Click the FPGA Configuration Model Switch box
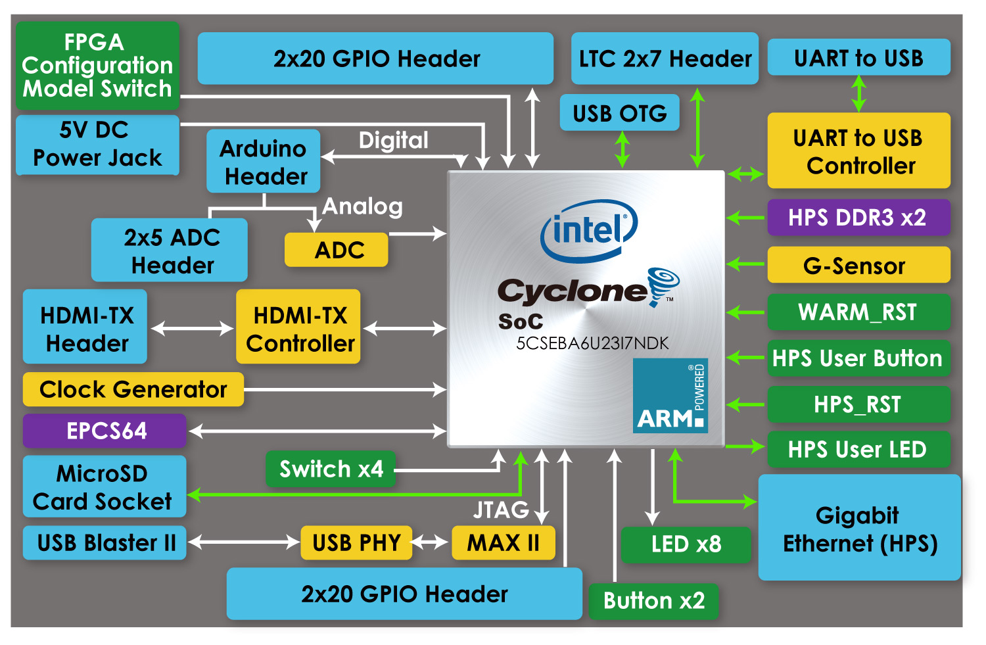point(98,66)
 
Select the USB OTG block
point(620,112)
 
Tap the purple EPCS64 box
point(105,431)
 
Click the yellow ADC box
point(337,250)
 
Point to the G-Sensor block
point(858,265)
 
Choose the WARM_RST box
point(858,312)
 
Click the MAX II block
point(504,542)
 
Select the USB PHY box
point(356,542)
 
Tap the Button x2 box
point(653,600)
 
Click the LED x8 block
point(686,544)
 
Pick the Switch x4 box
point(331,469)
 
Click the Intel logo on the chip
point(589,231)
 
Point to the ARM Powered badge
point(670,395)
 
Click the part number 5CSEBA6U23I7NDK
point(592,343)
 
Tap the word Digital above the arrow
point(394,141)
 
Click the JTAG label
point(501,510)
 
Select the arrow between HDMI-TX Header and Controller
point(192,328)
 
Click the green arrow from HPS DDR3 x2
point(745,218)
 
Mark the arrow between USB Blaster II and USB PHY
point(244,542)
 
